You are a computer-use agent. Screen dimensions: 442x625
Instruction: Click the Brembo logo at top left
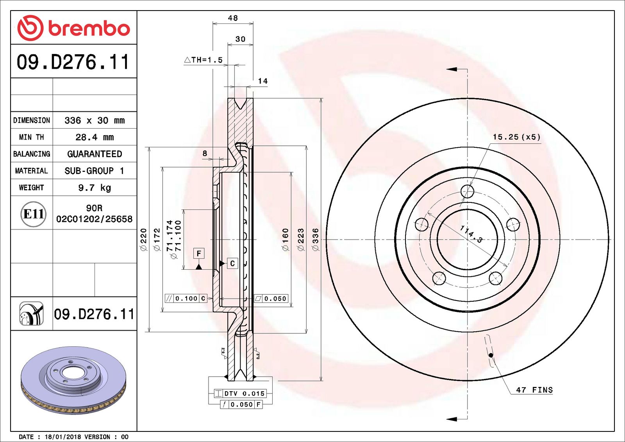[x=73, y=28]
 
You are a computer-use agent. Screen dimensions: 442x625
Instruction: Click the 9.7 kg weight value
[x=95, y=188]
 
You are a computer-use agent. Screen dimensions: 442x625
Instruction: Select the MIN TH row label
[x=32, y=137]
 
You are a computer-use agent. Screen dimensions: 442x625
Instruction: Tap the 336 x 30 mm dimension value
[x=95, y=120]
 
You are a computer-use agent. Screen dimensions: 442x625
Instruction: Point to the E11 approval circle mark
[x=33, y=214]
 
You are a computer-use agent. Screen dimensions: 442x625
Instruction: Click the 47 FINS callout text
[x=534, y=390]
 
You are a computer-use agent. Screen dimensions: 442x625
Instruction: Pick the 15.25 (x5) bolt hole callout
[x=516, y=137]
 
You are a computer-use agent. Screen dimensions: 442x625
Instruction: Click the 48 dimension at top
[x=233, y=18]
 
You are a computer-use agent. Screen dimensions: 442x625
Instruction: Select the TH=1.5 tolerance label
[x=204, y=60]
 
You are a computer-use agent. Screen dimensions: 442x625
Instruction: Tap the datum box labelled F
[x=199, y=253]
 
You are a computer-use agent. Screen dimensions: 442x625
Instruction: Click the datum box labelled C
[x=232, y=263]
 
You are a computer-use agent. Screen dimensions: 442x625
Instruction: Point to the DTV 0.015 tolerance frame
[x=240, y=394]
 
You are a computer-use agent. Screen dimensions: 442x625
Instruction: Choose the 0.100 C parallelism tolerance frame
[x=186, y=299]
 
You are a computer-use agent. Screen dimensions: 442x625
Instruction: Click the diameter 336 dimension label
[x=316, y=239]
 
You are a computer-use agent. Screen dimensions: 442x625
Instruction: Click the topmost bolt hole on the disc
[x=467, y=191]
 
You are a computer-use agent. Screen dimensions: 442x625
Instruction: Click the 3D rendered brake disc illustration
[x=73, y=379]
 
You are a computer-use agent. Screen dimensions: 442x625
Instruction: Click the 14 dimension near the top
[x=263, y=81]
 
